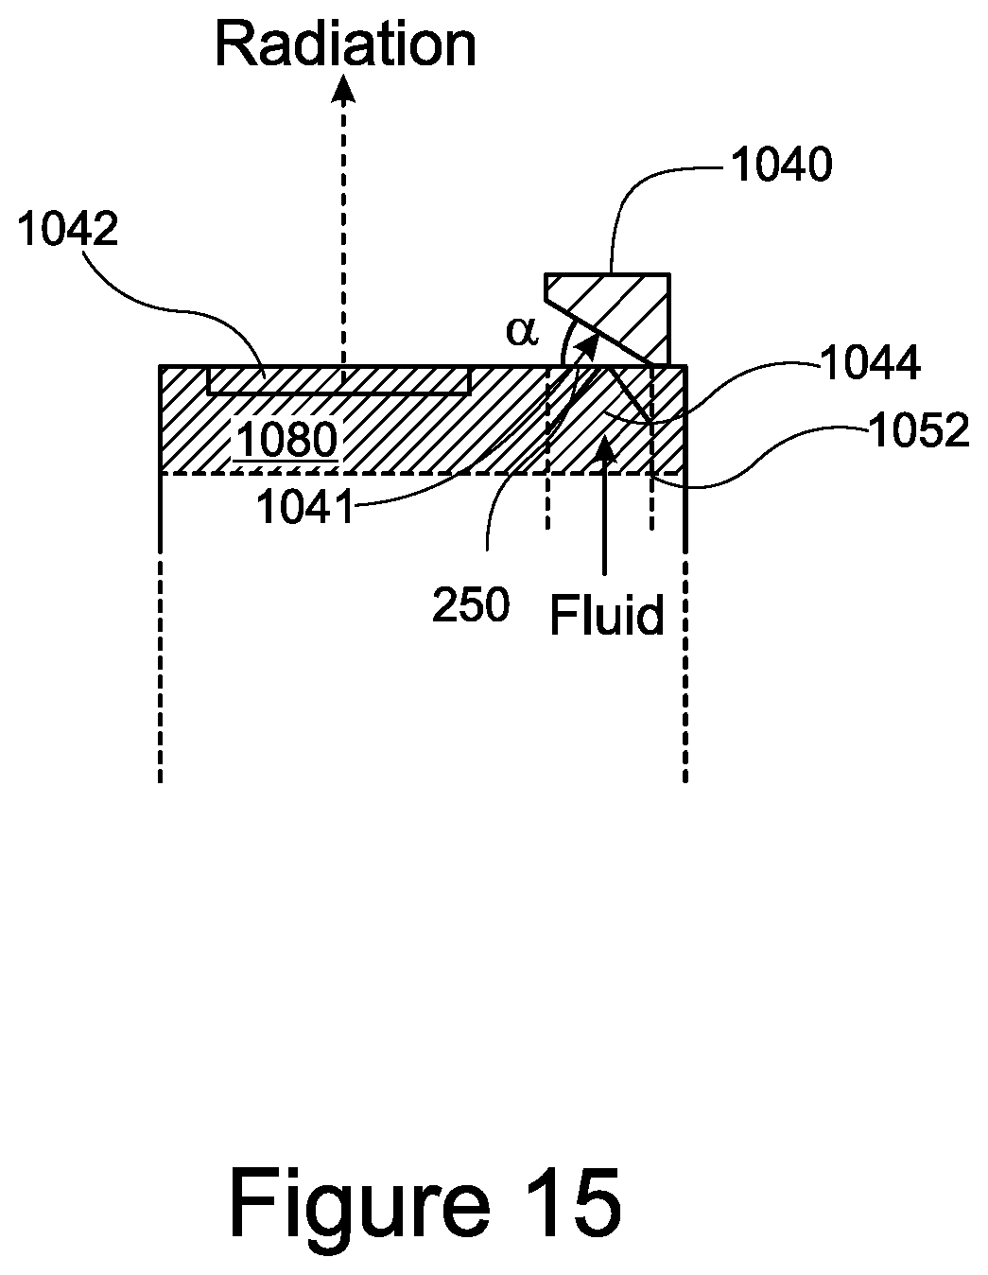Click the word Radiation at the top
[x=346, y=44]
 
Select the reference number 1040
[x=781, y=166]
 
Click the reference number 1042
[x=68, y=230]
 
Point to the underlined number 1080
[x=286, y=440]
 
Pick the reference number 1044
[x=870, y=364]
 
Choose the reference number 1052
[x=919, y=431]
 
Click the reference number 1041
[x=305, y=509]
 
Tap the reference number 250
[x=471, y=605]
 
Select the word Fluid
[x=607, y=616]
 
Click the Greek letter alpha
[x=521, y=330]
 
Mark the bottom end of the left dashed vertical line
[x=161, y=779]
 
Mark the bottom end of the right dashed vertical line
[x=685, y=779]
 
